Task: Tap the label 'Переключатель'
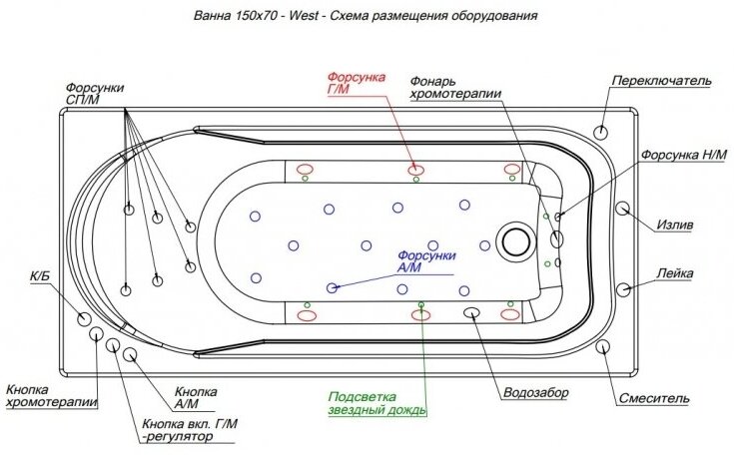pos(660,80)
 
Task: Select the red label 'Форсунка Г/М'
pos(352,83)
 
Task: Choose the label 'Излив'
pos(675,225)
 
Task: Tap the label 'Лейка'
pos(676,273)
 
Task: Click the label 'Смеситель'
pos(653,398)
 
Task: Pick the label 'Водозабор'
pos(535,393)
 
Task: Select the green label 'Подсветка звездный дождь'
pos(377,402)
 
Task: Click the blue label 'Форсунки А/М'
pos(426,261)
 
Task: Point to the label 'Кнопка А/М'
pos(196,398)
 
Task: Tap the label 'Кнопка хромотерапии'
pos(51,396)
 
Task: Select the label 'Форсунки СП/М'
pos(95,94)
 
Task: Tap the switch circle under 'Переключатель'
pos(602,132)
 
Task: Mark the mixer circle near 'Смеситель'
pos(604,347)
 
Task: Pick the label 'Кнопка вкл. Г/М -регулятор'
pos(190,430)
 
